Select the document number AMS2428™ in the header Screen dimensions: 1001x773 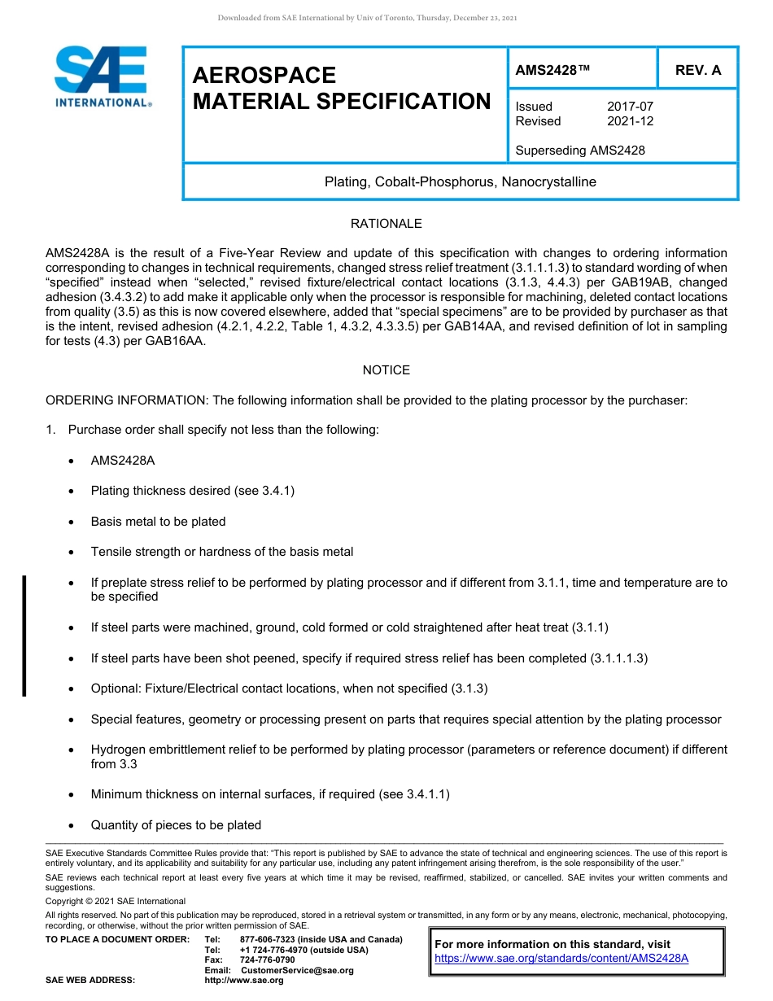click(552, 70)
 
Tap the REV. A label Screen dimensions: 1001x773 click(697, 70)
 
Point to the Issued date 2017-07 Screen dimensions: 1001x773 click(630, 107)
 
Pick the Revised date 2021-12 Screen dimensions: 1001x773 click(630, 121)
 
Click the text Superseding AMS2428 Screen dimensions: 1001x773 click(580, 150)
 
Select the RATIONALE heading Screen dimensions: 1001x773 click(386, 224)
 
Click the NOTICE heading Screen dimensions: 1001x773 click(386, 370)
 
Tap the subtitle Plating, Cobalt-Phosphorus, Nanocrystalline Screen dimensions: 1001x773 click(460, 181)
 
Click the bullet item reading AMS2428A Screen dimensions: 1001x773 click(123, 461)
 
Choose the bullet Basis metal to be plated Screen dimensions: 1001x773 click(158, 522)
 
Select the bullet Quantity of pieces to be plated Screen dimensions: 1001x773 click(176, 825)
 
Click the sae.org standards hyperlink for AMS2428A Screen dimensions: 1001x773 click(561, 958)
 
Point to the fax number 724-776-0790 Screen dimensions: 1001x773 click(268, 960)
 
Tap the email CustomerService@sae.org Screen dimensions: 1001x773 click(297, 970)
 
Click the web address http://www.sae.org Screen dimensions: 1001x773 click(244, 981)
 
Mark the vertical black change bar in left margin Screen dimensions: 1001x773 click(24, 636)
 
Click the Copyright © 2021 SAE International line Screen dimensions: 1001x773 click(116, 901)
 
